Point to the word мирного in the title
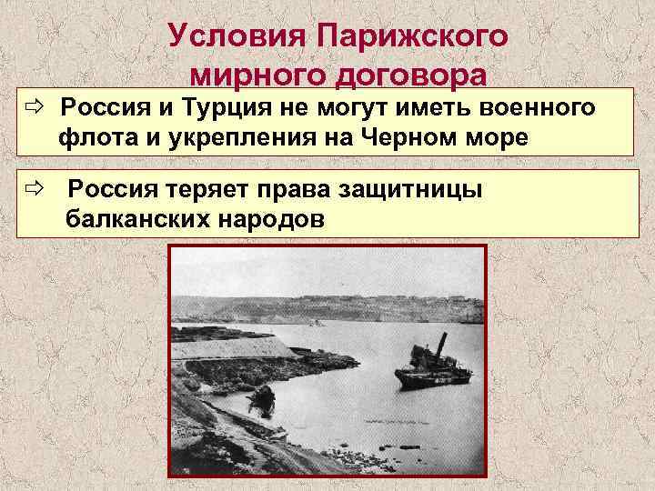pos(248,75)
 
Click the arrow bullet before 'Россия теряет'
pos(35,189)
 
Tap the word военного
pos(531,110)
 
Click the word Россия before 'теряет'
pos(113,189)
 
